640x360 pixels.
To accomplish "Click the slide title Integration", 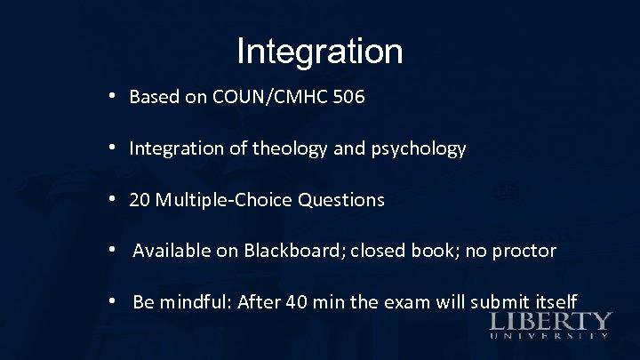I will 320,51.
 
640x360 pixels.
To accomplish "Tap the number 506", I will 347,98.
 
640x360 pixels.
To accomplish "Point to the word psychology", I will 420,149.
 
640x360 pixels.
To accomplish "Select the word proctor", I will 524,251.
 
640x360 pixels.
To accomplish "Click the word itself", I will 554,301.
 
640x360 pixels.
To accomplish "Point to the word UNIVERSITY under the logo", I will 550,336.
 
